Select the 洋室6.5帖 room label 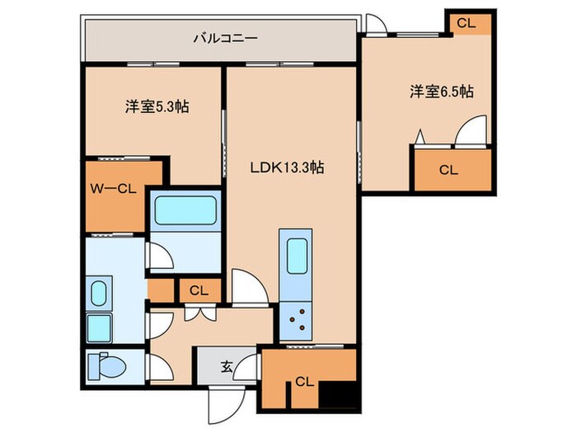441,92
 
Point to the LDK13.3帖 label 288,167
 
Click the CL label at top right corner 466,23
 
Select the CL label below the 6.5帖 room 448,171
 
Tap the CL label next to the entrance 303,382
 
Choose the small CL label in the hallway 198,290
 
